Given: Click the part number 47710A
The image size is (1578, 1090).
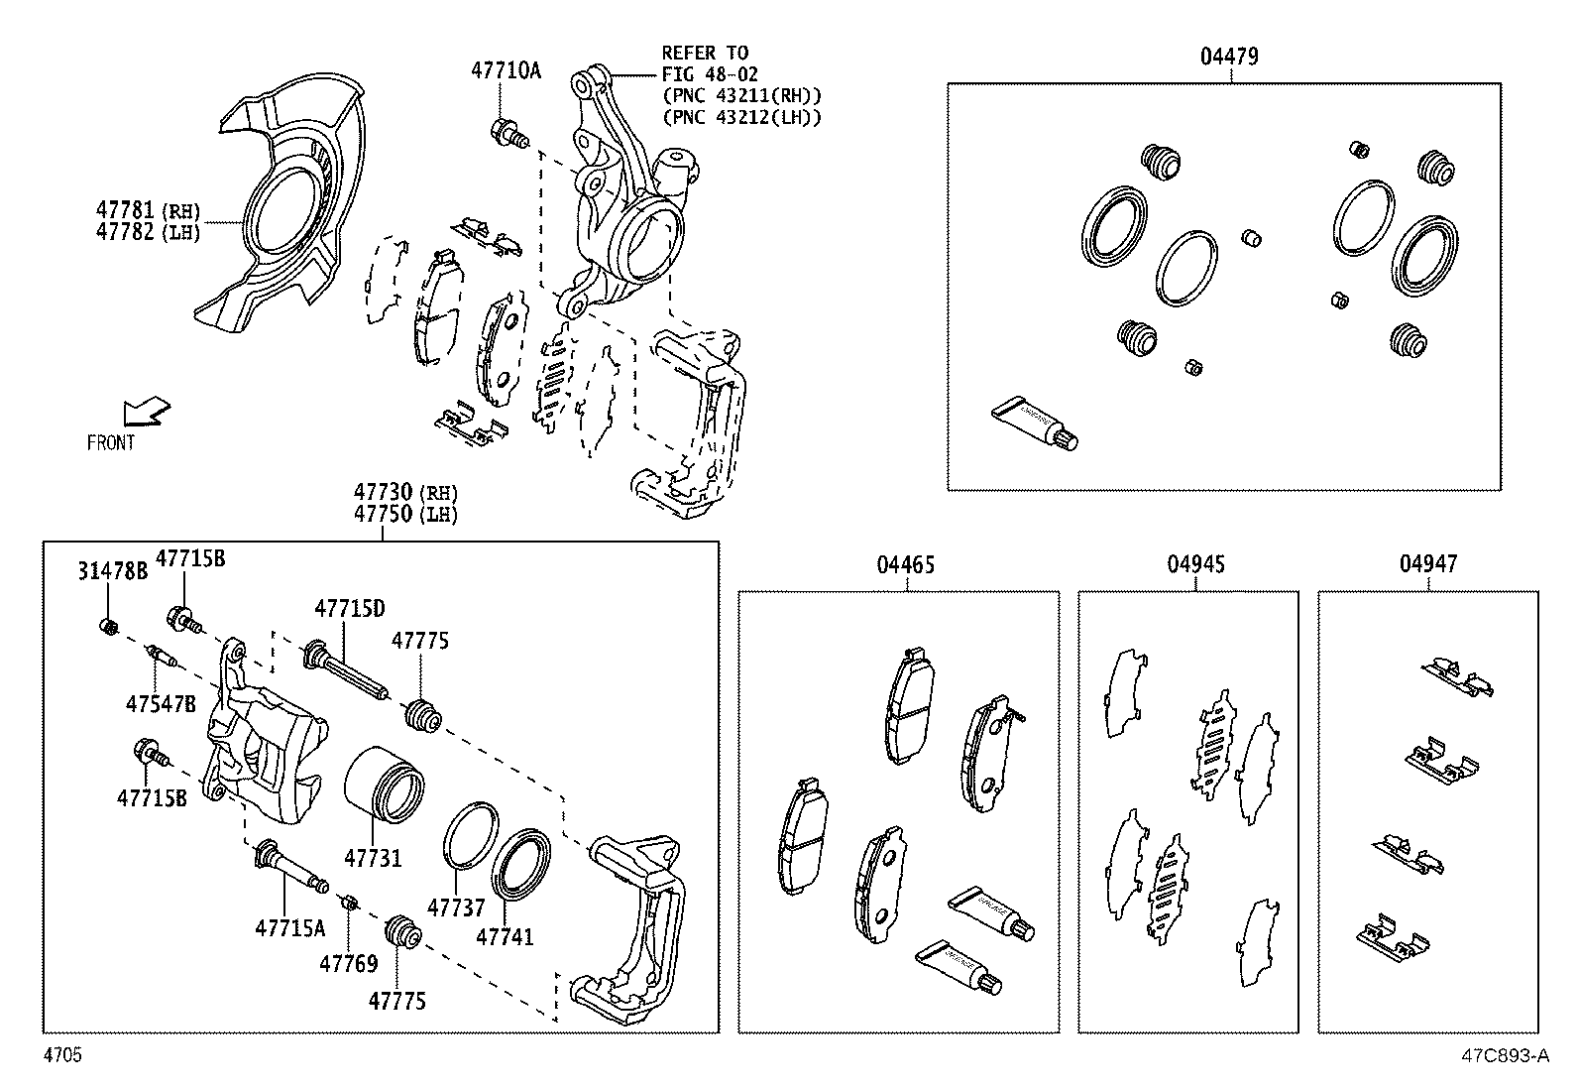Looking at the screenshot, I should tap(506, 70).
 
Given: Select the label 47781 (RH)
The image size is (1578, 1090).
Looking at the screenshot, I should tap(148, 210).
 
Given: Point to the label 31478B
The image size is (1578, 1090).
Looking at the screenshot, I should tap(112, 570).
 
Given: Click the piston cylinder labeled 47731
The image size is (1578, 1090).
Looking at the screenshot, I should tap(386, 784).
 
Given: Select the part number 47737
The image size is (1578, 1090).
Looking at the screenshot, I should tap(456, 908).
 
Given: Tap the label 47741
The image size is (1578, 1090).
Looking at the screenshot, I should tap(505, 936).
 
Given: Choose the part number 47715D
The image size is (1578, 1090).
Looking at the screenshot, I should tap(350, 608).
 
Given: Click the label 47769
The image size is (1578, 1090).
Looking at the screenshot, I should tap(348, 962).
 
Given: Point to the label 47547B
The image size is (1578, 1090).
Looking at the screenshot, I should tap(161, 704).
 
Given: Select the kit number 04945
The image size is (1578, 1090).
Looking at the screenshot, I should tap(1195, 564).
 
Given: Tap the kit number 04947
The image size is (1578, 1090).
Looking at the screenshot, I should tap(1428, 564).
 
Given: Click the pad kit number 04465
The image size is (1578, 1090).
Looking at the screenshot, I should tap(905, 565).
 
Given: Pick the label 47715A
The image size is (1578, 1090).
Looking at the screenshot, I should tap(289, 927).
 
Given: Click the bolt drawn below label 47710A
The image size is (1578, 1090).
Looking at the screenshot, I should tap(508, 132).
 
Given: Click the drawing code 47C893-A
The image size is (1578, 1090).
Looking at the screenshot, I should tap(1503, 1056).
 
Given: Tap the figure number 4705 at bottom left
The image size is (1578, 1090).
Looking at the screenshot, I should tap(61, 1055).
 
